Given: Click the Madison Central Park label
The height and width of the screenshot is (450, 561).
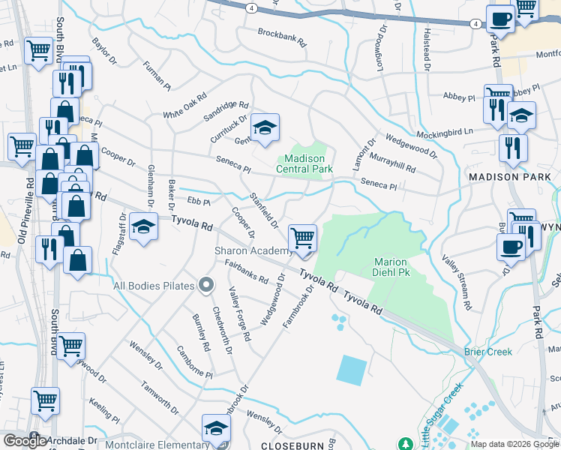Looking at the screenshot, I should [x=306, y=163].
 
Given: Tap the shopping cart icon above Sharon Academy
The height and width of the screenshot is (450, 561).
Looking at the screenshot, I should [x=302, y=238].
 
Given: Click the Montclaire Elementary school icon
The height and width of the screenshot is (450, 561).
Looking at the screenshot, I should [x=216, y=429].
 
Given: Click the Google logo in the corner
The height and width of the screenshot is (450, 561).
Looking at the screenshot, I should [x=25, y=441].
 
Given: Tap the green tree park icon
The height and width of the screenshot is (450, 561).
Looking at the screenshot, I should [x=405, y=445].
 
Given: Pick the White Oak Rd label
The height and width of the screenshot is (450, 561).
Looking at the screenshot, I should [x=184, y=107].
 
